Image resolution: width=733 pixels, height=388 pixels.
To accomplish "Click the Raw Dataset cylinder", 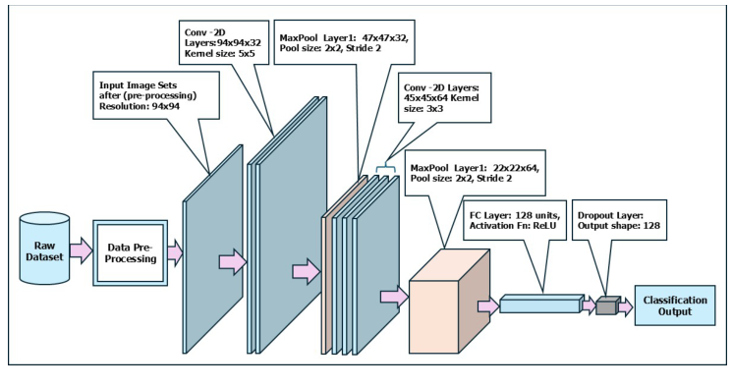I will coord(46,249).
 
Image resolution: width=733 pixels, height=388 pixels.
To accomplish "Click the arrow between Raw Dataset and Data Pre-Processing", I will coord(83,251).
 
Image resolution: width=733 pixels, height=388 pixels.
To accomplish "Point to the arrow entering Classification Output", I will coord(625,305).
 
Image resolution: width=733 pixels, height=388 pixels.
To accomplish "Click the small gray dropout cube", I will coord(605,305).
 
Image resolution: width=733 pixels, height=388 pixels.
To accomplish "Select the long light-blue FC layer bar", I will coord(540,304).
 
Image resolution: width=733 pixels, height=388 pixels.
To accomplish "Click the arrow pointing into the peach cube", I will coord(394,296).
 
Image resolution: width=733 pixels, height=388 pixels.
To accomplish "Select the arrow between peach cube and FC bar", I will coord(488,305).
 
